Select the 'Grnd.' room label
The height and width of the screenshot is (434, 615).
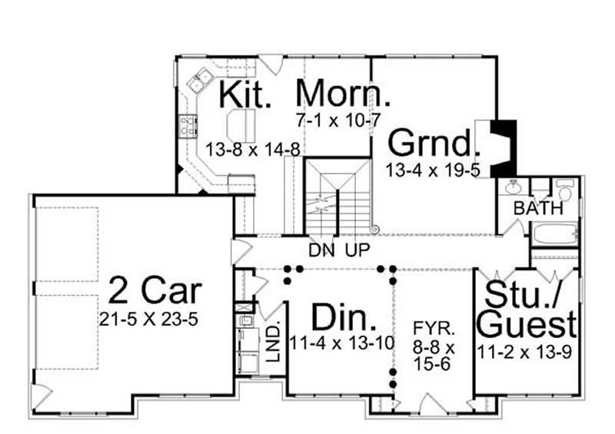(x=434, y=143)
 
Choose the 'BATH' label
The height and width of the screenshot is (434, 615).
(x=539, y=208)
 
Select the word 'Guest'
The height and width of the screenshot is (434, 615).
(x=527, y=324)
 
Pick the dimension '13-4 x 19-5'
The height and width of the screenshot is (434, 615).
(x=434, y=170)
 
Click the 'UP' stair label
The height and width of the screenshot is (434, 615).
(x=359, y=250)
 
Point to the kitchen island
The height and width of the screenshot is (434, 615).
(x=241, y=121)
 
